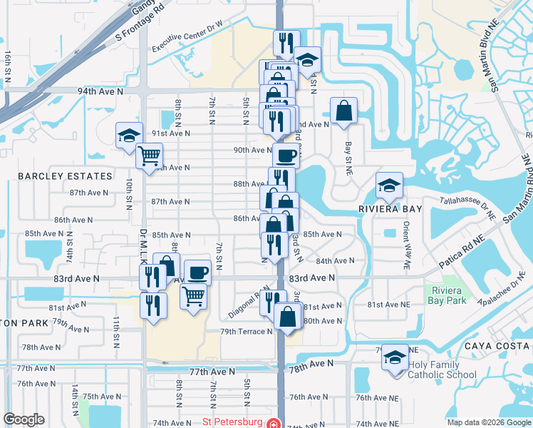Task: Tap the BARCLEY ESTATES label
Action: coord(65,176)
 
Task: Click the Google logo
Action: coord(24,419)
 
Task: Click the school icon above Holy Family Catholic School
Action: coord(394,357)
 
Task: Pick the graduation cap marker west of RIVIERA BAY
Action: coord(389,185)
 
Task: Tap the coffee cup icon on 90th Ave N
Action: coord(286,155)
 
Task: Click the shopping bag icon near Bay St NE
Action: coord(343,111)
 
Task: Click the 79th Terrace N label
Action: coord(246,332)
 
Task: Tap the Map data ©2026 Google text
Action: coord(488,422)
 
